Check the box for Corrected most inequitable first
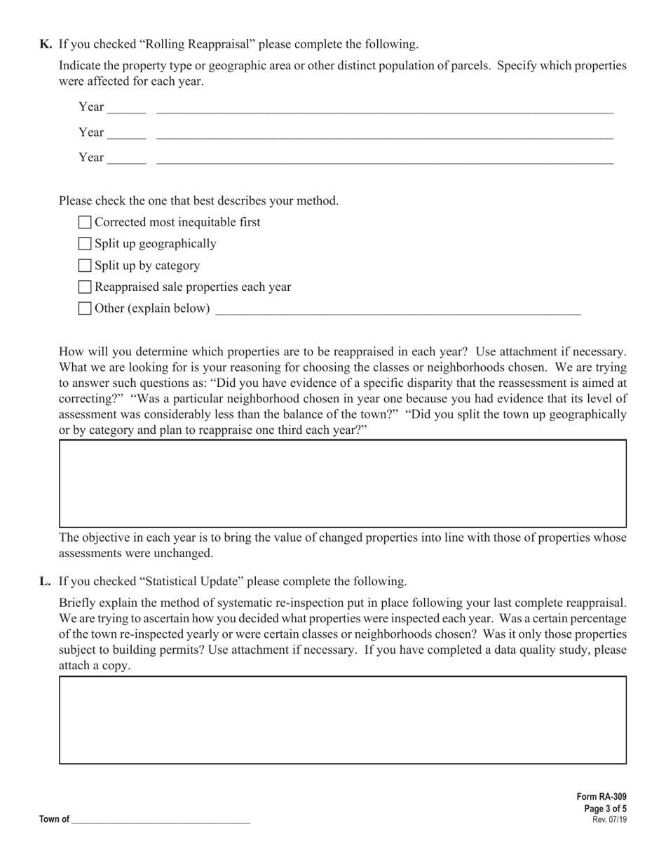[x=85, y=222]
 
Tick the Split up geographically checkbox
[x=85, y=244]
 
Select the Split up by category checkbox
[x=85, y=266]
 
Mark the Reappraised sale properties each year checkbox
[x=85, y=287]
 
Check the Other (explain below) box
[x=85, y=308]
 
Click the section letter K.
[x=46, y=44]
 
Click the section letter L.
[x=46, y=581]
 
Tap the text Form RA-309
[x=602, y=797]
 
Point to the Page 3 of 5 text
[x=605, y=809]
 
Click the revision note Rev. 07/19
[x=609, y=819]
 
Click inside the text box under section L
[x=342, y=720]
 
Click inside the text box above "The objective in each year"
[x=342, y=484]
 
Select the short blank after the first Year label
[x=127, y=109]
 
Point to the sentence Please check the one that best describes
[x=198, y=200]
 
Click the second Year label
[x=91, y=132]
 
